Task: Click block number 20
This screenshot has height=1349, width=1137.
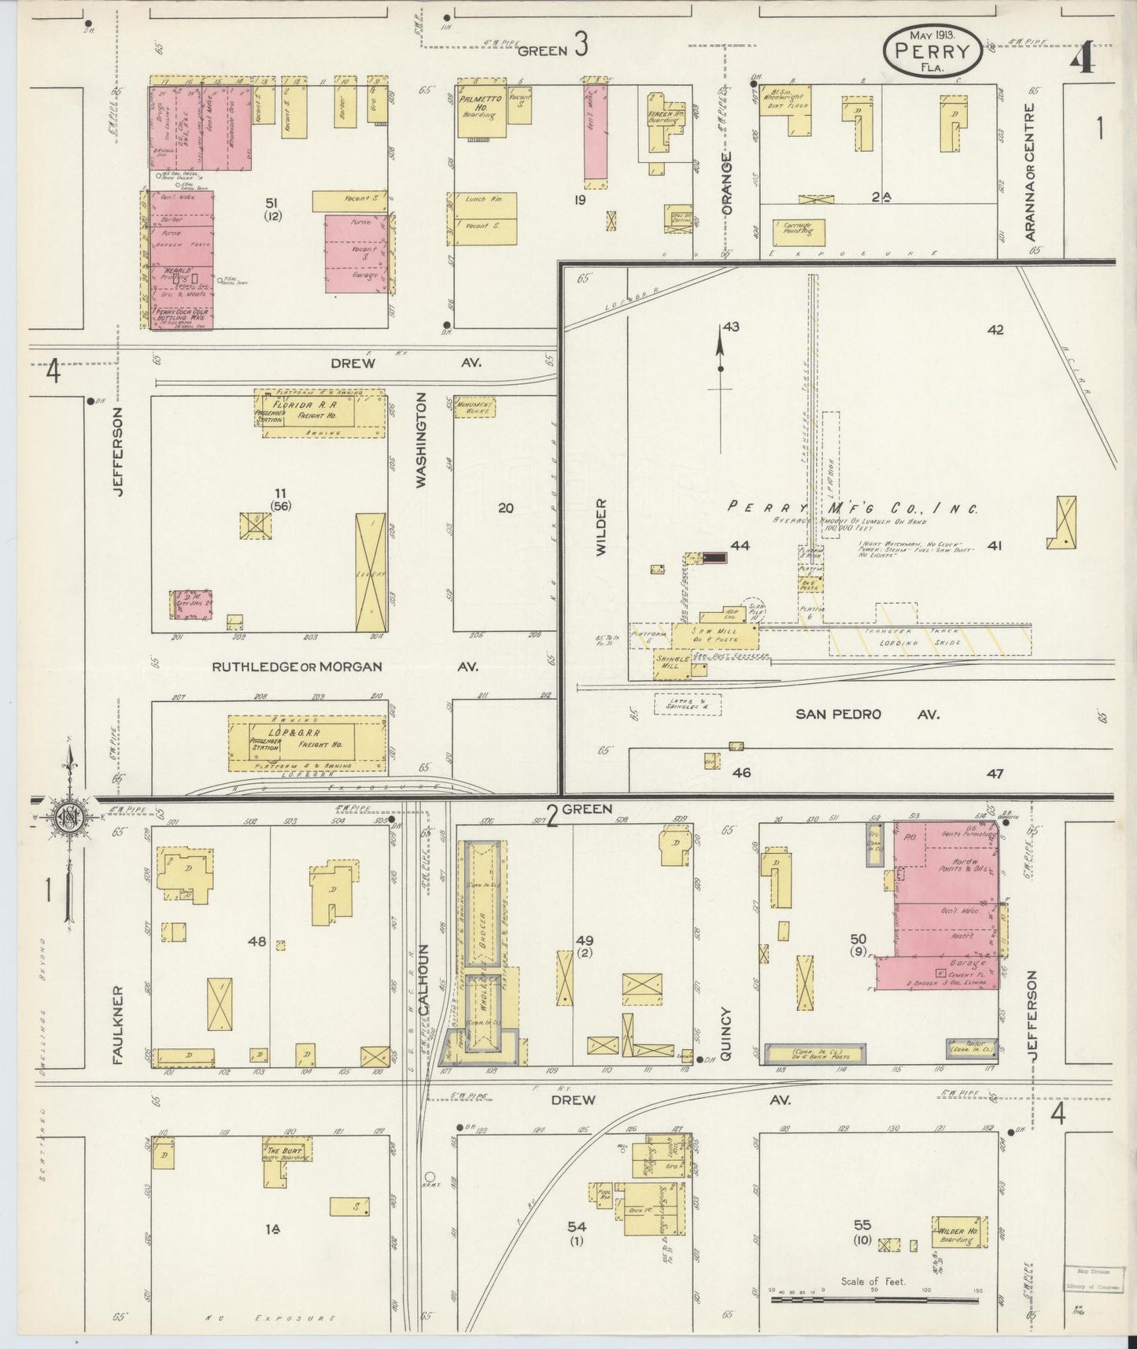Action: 506,508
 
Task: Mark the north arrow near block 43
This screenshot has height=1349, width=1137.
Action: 720,355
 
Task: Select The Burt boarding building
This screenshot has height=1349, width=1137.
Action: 285,1152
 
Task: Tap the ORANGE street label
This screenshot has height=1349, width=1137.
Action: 726,185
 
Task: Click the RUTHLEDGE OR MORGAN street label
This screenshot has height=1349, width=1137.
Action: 297,667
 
